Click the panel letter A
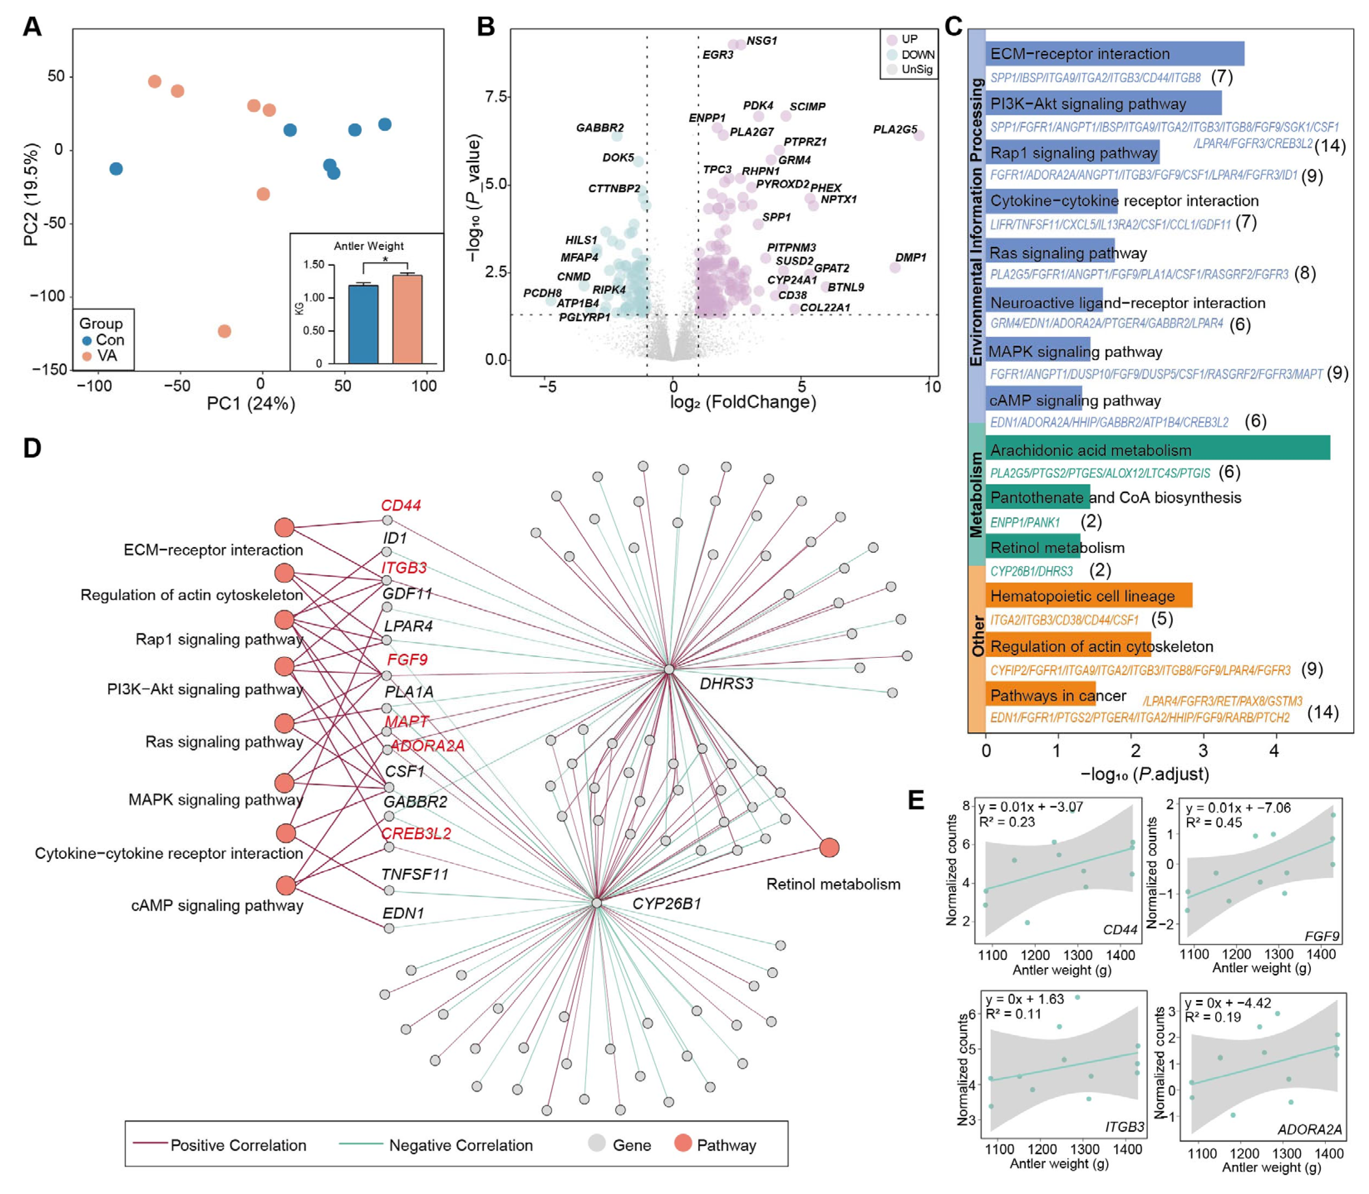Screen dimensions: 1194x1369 point(32,27)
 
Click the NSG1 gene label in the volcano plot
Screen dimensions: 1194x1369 point(761,41)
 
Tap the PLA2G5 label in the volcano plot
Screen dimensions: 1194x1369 point(895,129)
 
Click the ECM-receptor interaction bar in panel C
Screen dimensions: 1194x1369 point(1114,53)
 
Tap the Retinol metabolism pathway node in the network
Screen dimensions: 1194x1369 point(829,848)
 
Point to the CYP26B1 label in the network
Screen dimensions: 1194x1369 point(666,904)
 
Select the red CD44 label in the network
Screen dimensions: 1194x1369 point(401,506)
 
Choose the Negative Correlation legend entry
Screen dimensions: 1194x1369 point(460,1145)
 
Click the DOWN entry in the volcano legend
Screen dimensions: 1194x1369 point(917,55)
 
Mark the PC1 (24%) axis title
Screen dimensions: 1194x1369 point(251,404)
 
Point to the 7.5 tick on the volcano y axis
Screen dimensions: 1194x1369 point(496,97)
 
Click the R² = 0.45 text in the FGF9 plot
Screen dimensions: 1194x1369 point(1213,822)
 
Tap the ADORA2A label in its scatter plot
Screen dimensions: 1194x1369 point(1309,1129)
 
